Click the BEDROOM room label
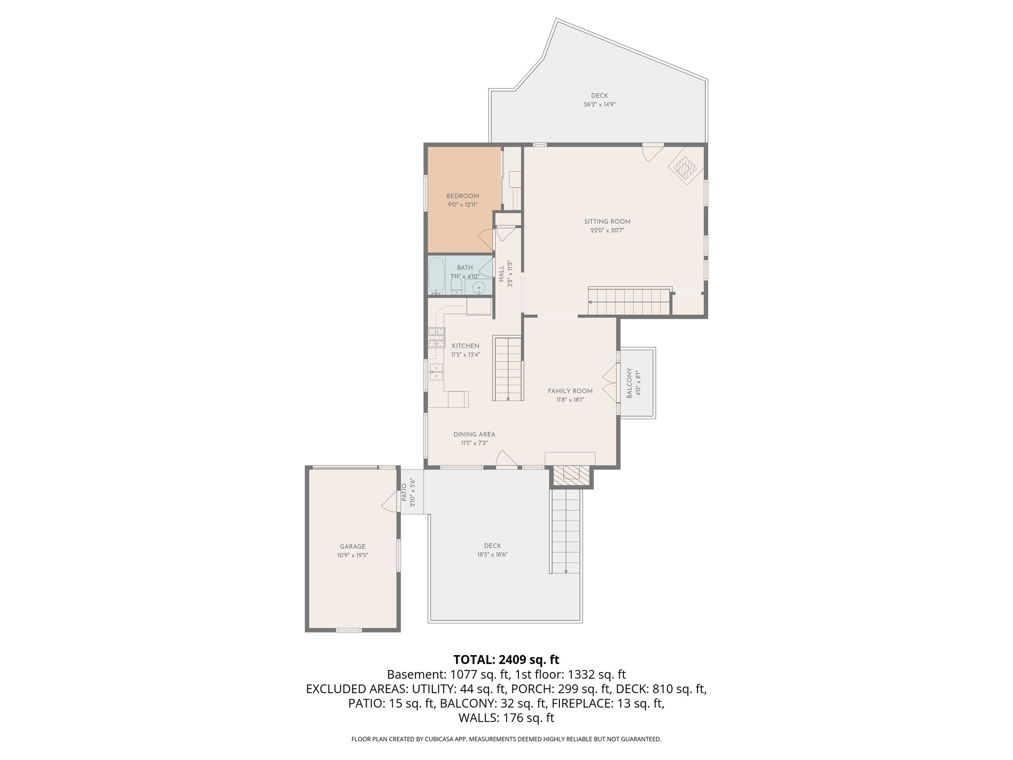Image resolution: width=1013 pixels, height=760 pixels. [462, 196]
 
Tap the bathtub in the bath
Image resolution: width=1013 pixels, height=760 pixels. [436, 275]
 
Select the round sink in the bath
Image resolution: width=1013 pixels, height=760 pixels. [478, 287]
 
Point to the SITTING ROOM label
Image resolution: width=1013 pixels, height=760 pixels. [607, 222]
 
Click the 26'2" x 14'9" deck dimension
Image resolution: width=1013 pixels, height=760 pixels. [599, 104]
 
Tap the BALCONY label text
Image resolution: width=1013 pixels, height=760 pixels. [629, 383]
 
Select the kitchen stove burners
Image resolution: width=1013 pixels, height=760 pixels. [436, 338]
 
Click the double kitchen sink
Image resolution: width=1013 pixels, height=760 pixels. [436, 372]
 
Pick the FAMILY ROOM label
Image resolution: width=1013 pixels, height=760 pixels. [570, 391]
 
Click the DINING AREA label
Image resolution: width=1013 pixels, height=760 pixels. [474, 434]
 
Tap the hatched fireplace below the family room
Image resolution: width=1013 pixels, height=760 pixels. [571, 475]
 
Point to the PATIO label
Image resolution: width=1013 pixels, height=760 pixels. [404, 492]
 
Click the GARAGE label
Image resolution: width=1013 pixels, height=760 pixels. [352, 546]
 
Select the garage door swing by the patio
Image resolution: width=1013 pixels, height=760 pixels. [391, 501]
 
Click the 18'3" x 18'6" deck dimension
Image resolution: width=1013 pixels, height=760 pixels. [489, 555]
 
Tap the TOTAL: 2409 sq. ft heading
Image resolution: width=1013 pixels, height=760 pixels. [506, 660]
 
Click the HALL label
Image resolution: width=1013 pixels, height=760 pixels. [502, 274]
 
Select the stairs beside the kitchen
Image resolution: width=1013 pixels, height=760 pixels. [508, 368]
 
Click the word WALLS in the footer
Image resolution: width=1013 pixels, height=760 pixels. [479, 718]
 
